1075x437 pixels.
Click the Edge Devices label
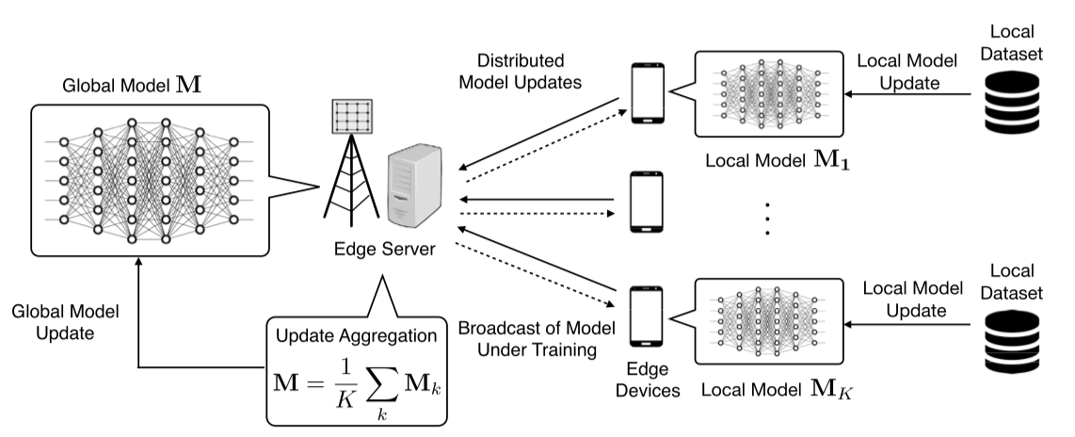[648, 380]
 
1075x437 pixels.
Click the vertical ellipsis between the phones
[767, 218]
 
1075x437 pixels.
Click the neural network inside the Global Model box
[149, 180]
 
